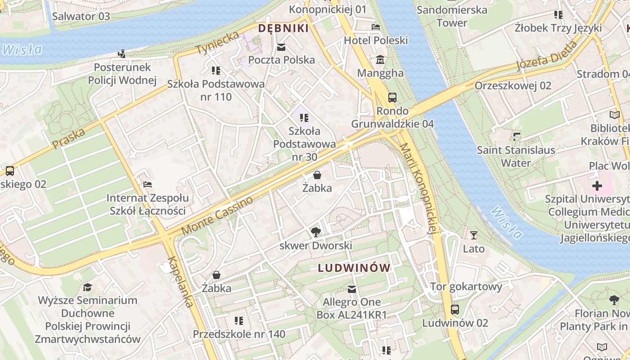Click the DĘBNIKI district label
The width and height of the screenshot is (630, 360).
[x=283, y=28]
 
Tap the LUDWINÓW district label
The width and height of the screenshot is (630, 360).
[x=354, y=268]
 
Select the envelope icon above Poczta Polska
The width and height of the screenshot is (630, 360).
[x=281, y=47]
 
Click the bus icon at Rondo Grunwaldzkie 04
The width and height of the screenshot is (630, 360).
[x=392, y=97]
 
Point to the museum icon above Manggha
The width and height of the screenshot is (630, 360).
[x=380, y=59]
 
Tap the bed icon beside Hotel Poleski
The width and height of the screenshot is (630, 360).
[x=376, y=27]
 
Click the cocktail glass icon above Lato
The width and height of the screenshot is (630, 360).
[x=473, y=235]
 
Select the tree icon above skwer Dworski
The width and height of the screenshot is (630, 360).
[x=315, y=232]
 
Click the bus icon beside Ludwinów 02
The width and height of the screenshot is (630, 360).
[x=455, y=310]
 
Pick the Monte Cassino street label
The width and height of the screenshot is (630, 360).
[x=217, y=216]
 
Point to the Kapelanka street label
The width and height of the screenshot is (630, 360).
[x=181, y=282]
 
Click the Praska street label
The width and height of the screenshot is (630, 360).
[x=68, y=139]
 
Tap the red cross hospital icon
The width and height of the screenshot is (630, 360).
[x=597, y=185]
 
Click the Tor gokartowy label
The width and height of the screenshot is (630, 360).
[x=466, y=287]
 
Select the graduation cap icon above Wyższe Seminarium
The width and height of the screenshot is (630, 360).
[x=87, y=287]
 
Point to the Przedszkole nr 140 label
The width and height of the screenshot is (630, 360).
[x=239, y=334]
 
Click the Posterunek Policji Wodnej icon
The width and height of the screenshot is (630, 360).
[x=121, y=54]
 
